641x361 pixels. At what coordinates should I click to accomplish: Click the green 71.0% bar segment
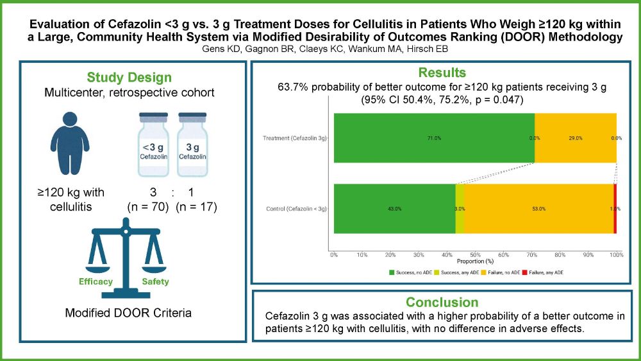(x=434, y=137)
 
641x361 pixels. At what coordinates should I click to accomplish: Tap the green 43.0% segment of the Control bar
(x=394, y=208)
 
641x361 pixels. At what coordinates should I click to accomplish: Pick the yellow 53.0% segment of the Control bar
(x=538, y=208)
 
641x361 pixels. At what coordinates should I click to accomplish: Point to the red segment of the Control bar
(x=615, y=208)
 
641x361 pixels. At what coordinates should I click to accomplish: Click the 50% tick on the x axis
(x=475, y=256)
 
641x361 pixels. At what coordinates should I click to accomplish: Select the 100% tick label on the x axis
(x=616, y=256)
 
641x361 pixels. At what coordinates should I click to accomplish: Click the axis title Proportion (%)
(x=475, y=261)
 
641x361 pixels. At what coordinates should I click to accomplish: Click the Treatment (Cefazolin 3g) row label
(x=295, y=137)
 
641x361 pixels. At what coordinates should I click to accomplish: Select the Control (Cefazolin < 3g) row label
(x=296, y=209)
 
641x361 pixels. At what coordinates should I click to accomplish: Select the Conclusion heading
(x=442, y=302)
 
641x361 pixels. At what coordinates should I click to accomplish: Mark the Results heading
(x=442, y=73)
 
